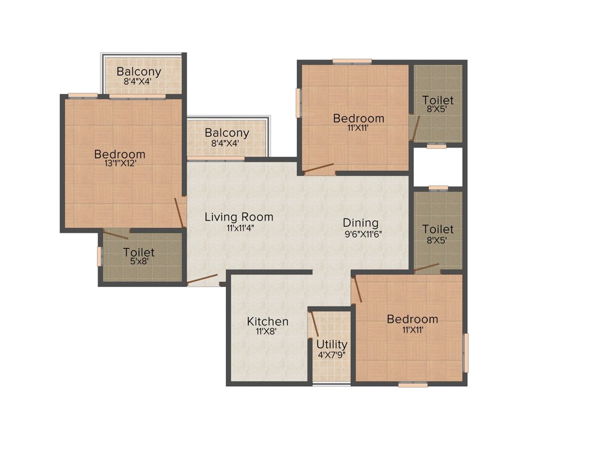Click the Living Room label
(x=238, y=217)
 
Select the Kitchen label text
(x=268, y=321)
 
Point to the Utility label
(x=331, y=345)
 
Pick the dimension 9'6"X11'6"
(x=362, y=234)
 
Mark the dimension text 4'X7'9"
(x=332, y=355)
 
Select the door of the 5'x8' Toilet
(x=115, y=233)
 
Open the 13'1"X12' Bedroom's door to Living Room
(x=179, y=212)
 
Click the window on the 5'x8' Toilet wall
(x=99, y=255)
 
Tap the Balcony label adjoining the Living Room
(x=227, y=133)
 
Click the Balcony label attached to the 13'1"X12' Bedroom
(x=139, y=72)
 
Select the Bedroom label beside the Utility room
(x=412, y=319)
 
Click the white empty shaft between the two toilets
(x=438, y=167)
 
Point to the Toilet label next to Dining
(x=438, y=229)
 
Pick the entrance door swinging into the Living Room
(x=202, y=280)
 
